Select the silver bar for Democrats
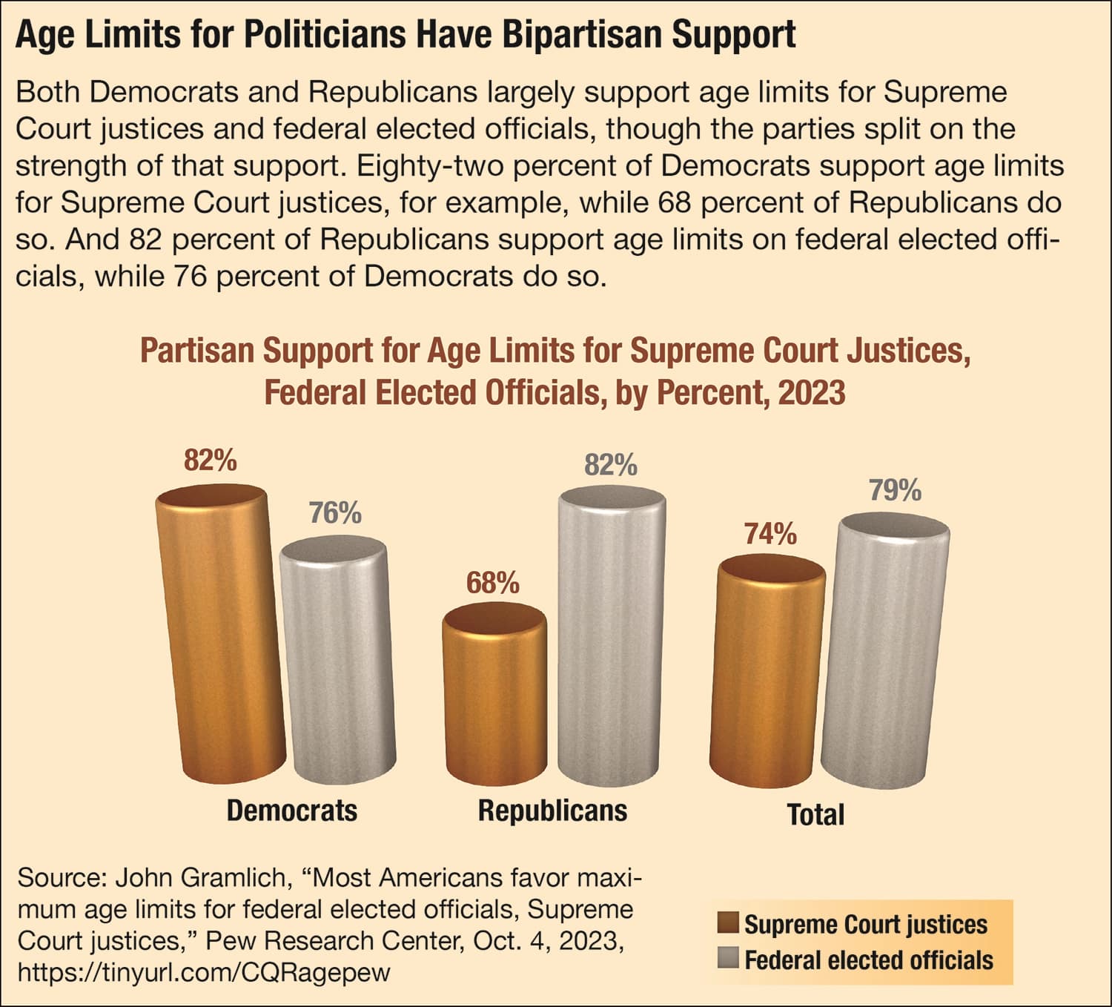click(337, 660)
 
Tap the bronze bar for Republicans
click(495, 693)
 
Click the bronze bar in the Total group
click(768, 671)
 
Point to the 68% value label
click(492, 584)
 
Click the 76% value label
click(335, 513)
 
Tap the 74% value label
click(770, 534)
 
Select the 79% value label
click(895, 491)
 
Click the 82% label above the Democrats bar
click(211, 461)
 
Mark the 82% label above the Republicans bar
click(610, 466)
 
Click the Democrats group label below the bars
click(291, 810)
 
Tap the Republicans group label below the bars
click(552, 810)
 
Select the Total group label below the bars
click(815, 815)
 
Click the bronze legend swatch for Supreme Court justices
click(729, 924)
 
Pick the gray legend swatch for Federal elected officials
click(729, 959)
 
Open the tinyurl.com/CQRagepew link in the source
click(203, 972)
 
